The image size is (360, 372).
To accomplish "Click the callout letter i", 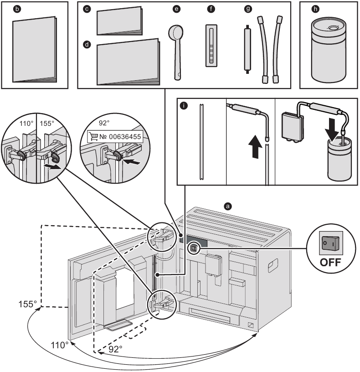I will (183, 106).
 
